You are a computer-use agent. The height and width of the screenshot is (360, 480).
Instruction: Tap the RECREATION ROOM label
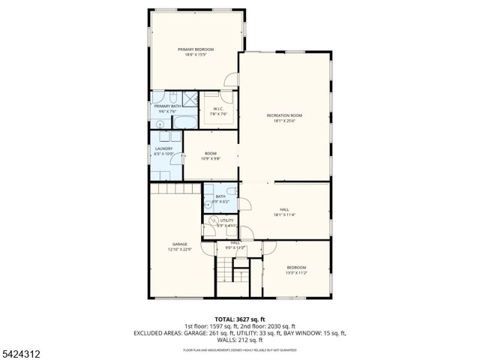click(x=284, y=115)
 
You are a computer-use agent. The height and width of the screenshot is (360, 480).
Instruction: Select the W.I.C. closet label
click(x=218, y=109)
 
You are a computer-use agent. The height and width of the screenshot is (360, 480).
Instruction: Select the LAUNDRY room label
click(x=163, y=148)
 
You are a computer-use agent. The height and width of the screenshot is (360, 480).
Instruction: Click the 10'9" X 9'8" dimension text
click(x=210, y=158)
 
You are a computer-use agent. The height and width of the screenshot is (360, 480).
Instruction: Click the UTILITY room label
click(x=226, y=220)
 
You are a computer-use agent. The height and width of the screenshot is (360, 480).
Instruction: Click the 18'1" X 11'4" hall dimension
click(x=284, y=214)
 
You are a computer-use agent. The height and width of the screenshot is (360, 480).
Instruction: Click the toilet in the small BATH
click(x=208, y=202)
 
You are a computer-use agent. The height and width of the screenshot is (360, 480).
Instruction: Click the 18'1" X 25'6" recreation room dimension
click(x=284, y=120)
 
